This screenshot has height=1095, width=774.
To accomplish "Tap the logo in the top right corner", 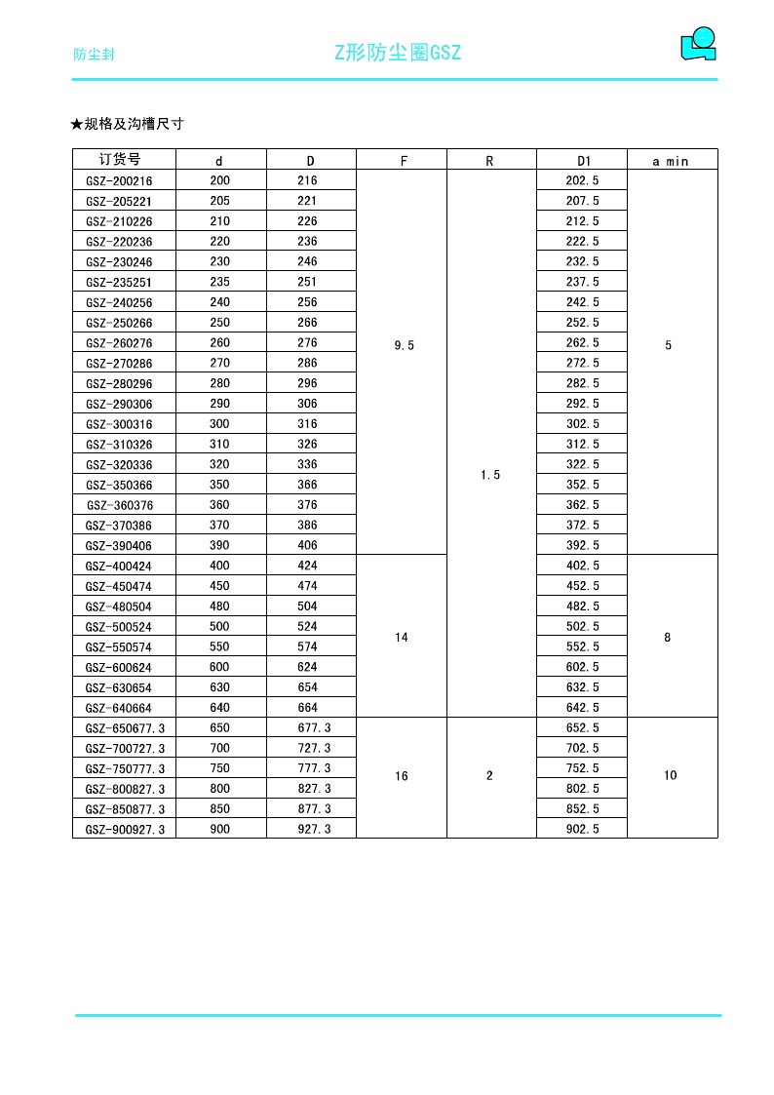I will click(x=698, y=45).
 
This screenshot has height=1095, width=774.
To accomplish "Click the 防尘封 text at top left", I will click(x=95, y=55).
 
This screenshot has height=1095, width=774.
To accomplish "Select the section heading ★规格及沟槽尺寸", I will click(x=127, y=124).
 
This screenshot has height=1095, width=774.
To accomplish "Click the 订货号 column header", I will click(x=120, y=160).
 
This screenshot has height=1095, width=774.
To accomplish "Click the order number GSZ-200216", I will click(x=119, y=181).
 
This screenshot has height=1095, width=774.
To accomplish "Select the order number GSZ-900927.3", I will click(x=125, y=830).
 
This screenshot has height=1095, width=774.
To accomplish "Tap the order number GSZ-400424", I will click(x=119, y=567).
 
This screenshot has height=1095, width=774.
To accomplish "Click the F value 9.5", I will click(x=404, y=345).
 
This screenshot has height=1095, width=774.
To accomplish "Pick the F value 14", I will click(x=402, y=638).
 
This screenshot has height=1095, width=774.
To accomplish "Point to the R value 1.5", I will click(x=490, y=475).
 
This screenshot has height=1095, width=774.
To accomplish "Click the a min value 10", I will click(x=671, y=776).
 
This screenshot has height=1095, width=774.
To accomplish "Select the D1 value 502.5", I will click(x=583, y=627).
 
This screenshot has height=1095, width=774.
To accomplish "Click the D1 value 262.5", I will click(x=583, y=343).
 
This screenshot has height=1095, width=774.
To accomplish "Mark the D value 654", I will click(x=307, y=687).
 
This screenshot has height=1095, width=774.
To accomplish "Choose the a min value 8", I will click(x=668, y=638).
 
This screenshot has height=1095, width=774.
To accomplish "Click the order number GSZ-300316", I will click(x=119, y=424).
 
